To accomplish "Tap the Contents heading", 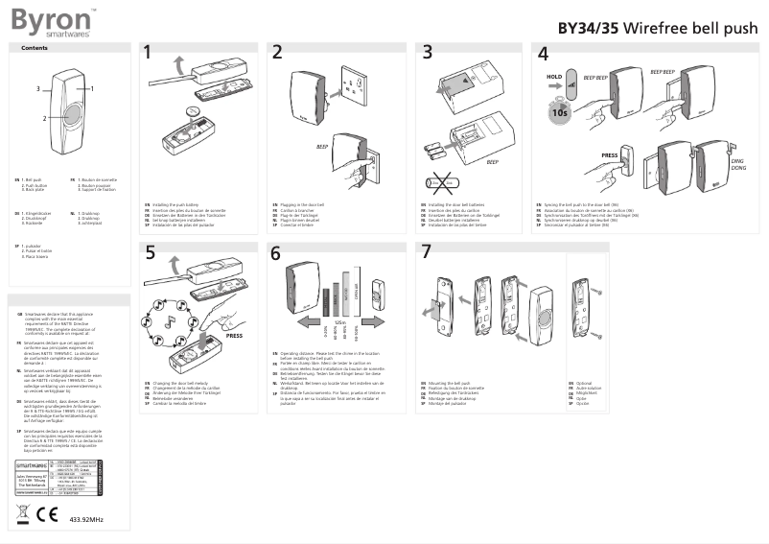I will [35, 48].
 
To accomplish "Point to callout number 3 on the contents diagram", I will [38, 88].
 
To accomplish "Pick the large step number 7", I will [427, 253].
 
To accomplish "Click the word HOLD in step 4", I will [553, 76].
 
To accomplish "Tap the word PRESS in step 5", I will [235, 337].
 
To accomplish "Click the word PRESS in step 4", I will [610, 154].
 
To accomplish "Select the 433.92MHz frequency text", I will [87, 519].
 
